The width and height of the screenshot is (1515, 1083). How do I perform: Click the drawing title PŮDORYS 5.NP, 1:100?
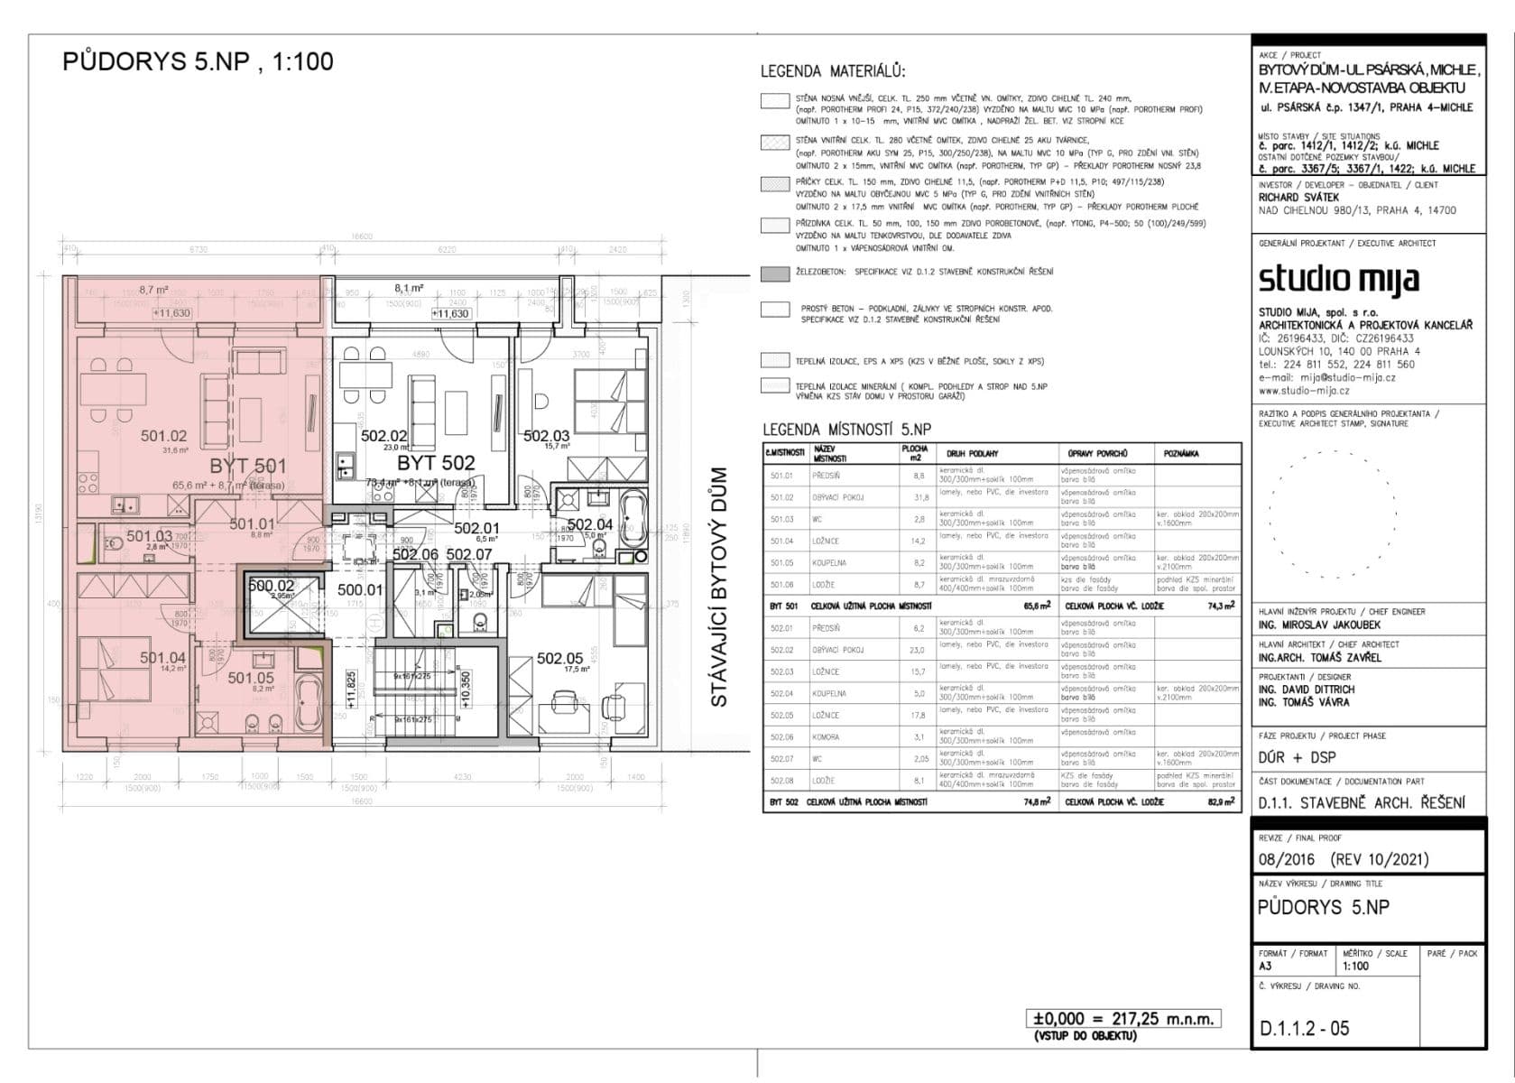198,61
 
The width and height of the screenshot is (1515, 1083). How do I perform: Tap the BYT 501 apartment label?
248,466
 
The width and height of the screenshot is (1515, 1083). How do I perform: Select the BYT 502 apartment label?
436,463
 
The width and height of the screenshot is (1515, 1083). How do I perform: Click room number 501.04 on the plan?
162,658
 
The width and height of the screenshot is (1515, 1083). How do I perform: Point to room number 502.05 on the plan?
559,659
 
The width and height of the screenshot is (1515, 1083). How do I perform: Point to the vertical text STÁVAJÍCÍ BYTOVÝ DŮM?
719,587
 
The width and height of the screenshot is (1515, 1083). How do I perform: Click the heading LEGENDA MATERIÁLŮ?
832,72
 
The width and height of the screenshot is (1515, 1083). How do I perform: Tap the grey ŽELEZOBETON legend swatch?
774,273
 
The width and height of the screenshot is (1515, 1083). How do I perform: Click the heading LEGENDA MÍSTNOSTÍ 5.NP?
846,430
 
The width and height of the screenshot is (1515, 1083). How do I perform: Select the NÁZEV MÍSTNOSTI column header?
830,453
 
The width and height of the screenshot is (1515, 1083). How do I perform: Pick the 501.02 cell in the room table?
782,497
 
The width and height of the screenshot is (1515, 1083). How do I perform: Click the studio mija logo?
1338,279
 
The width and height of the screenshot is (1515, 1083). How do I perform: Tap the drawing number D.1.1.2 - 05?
1304,1028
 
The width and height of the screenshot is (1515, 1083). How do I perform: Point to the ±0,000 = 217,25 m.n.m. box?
1123,1019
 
